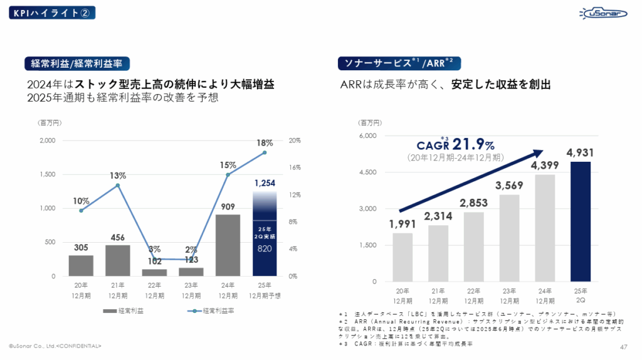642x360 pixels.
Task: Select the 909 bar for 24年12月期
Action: (x=227, y=245)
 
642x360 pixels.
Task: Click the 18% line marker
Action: (x=265, y=152)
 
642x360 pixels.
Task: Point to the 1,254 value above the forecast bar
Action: (x=265, y=183)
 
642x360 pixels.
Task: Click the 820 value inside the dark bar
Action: (x=265, y=248)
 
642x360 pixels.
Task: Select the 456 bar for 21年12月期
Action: (x=117, y=260)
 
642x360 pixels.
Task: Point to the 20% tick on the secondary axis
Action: (x=294, y=140)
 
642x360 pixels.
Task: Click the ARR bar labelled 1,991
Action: (x=403, y=257)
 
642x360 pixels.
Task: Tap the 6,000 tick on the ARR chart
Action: (x=367, y=136)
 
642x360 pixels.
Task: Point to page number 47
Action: (x=623, y=346)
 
